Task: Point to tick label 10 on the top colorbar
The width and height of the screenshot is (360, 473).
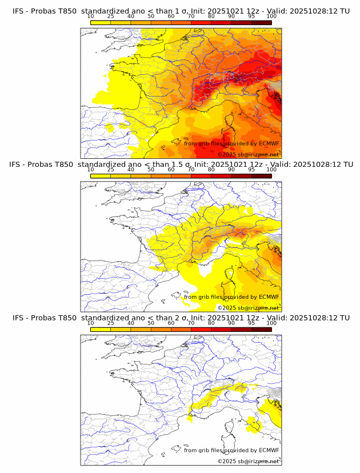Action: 91,17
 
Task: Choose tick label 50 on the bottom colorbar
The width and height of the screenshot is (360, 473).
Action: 151,323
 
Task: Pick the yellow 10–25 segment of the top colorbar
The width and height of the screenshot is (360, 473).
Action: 101,22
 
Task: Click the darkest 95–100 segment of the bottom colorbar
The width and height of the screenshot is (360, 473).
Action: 261,329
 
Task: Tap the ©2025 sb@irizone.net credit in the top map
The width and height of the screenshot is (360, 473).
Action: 248,154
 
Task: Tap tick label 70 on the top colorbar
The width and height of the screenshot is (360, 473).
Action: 191,17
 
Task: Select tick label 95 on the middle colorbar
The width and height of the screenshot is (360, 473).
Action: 251,170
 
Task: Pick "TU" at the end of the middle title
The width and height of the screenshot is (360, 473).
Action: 344,165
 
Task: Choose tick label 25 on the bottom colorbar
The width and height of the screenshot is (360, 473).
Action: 110,323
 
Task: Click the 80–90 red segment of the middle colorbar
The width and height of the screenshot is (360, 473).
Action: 221,176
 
